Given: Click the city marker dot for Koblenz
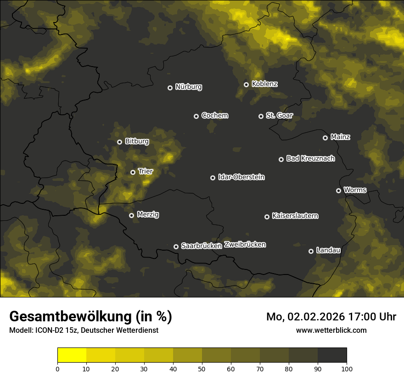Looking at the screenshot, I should [246, 84].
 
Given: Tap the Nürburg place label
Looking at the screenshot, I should [188, 87].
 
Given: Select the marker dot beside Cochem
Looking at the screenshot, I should [196, 116].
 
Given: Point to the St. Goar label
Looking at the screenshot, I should [279, 115].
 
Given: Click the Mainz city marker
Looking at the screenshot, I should [325, 138].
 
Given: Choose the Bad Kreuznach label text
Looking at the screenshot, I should [310, 158].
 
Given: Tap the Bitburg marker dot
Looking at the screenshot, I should [119, 142].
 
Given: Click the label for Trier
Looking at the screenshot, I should [146, 171].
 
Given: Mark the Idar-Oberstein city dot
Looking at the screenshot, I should [213, 178].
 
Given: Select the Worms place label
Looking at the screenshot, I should [355, 190].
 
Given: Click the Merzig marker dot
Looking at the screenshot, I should [131, 215].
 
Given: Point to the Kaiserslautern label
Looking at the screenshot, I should [295, 216].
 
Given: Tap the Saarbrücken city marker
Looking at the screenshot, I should [176, 247].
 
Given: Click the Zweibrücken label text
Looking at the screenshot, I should [245, 245].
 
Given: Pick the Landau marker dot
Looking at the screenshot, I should [311, 251].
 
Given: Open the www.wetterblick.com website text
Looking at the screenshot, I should [331, 330].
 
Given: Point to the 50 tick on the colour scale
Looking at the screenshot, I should [202, 368].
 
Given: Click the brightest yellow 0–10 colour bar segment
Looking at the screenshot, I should [72, 355].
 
